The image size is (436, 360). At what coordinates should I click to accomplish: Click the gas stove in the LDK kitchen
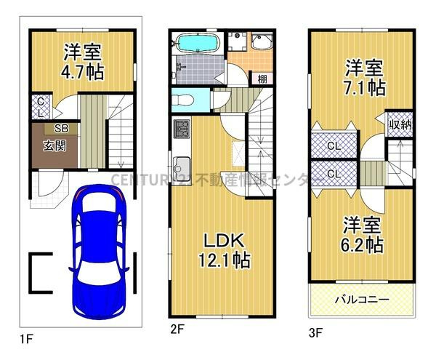coord(181,132)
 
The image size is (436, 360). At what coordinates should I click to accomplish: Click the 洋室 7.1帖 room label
coord(363,79)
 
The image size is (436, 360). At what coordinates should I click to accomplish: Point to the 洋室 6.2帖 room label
coord(363,236)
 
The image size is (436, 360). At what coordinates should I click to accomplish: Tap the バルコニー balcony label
coord(361,299)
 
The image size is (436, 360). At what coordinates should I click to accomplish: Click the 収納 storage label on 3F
coord(400,124)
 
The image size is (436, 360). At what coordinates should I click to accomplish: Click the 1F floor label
coord(26,338)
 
